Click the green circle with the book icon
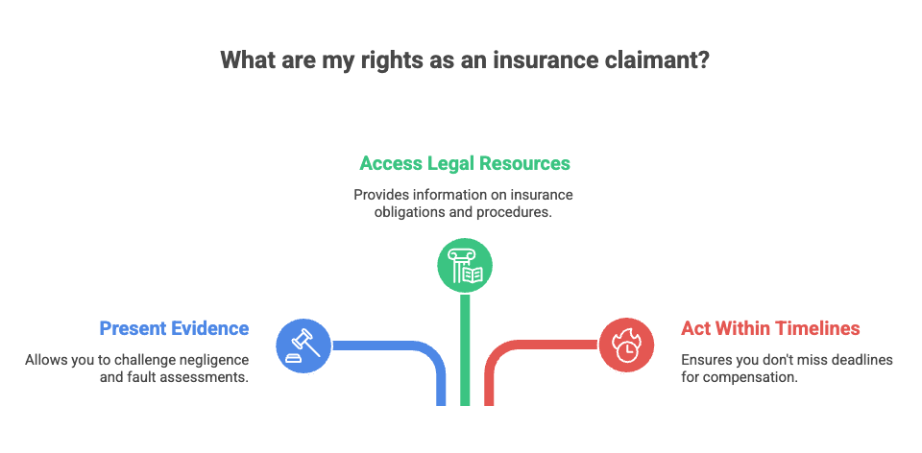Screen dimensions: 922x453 click(x=465, y=266)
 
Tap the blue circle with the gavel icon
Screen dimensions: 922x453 click(x=303, y=346)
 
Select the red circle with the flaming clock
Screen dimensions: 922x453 click(x=626, y=346)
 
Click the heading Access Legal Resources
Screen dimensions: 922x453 click(x=465, y=163)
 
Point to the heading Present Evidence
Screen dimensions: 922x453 click(x=174, y=328)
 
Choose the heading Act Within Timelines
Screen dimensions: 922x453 click(x=770, y=328)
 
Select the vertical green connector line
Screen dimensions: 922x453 click(x=465, y=349)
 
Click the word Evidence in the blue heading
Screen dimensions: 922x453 click(x=211, y=328)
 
